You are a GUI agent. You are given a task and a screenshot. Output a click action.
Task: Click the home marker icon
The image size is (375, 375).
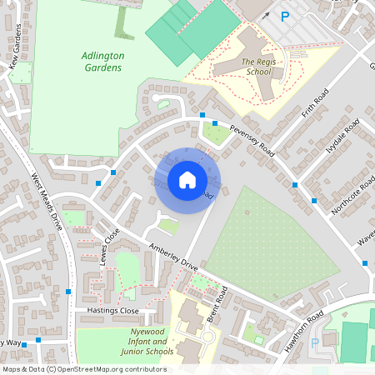coord(187,180)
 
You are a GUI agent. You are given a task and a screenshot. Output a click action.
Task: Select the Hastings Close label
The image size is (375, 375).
coord(112,310)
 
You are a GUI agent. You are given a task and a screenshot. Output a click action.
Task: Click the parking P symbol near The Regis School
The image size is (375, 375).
coord(285,16)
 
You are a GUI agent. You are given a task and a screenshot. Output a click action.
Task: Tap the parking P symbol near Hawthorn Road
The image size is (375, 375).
coord(315,342)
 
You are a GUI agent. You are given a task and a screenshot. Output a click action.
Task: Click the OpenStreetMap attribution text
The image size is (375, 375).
coord(84,368)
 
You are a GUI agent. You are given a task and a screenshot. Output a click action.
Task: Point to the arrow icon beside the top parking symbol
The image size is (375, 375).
coord(266,14)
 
